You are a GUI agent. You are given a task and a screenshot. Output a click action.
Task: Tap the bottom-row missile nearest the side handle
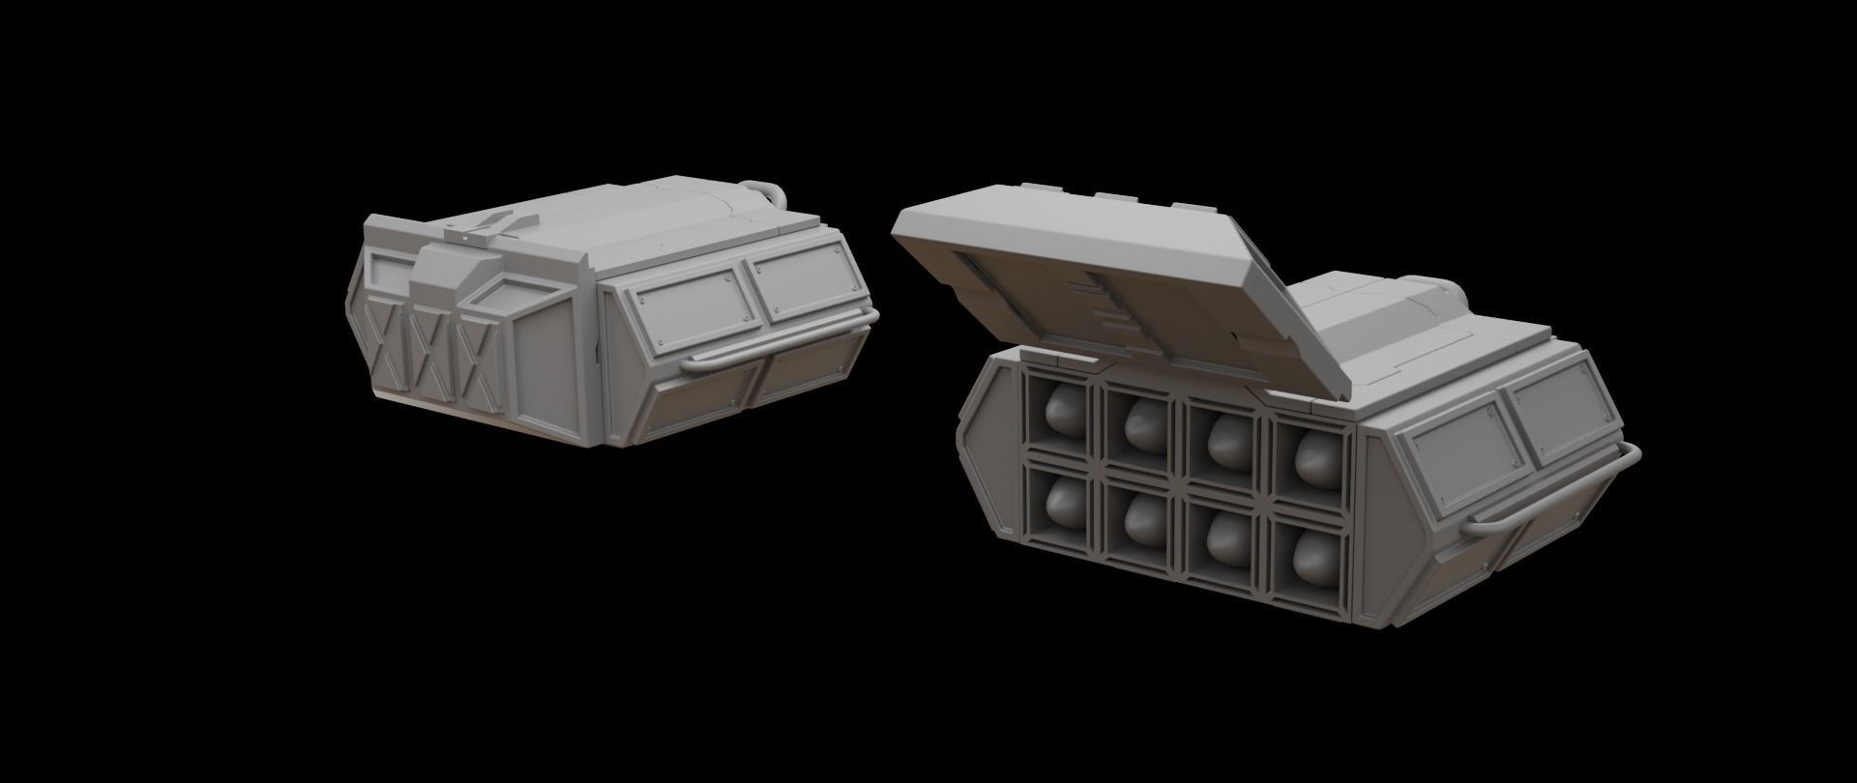click(1315, 551)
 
